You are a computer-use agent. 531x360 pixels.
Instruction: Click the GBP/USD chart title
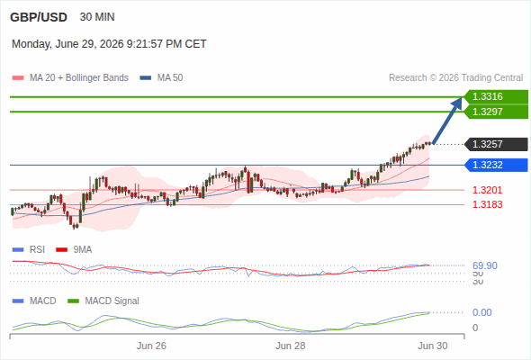pyautogui.click(x=39, y=17)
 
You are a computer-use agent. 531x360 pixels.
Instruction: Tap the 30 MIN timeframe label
pyautogui.click(x=97, y=17)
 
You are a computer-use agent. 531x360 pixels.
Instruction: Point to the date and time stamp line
pyautogui.click(x=109, y=44)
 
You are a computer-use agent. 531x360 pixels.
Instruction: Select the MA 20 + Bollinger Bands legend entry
pyautogui.click(x=70, y=78)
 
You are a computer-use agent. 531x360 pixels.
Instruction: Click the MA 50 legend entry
pyautogui.click(x=161, y=78)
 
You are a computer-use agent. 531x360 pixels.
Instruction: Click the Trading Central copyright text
pyautogui.click(x=455, y=78)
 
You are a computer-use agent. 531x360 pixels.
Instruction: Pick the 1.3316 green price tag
pyautogui.click(x=496, y=97)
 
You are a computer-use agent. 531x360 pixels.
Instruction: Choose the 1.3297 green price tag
pyautogui.click(x=496, y=112)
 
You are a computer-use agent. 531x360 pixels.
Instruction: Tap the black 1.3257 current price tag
pyautogui.click(x=496, y=144)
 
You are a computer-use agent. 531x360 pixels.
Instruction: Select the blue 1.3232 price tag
pyautogui.click(x=496, y=165)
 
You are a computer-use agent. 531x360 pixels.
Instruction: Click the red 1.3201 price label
pyautogui.click(x=487, y=190)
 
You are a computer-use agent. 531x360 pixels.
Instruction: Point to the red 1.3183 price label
pyautogui.click(x=487, y=204)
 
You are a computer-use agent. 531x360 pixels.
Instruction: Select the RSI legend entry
pyautogui.click(x=29, y=250)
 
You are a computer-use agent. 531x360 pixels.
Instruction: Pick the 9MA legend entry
pyautogui.click(x=74, y=250)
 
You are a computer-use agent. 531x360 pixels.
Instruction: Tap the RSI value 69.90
pyautogui.click(x=485, y=265)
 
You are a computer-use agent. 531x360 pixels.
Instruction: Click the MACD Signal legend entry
pyautogui.click(x=103, y=301)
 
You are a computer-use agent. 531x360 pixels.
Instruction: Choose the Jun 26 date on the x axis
pyautogui.click(x=151, y=346)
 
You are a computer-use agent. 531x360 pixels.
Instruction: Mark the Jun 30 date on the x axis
pyautogui.click(x=433, y=346)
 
